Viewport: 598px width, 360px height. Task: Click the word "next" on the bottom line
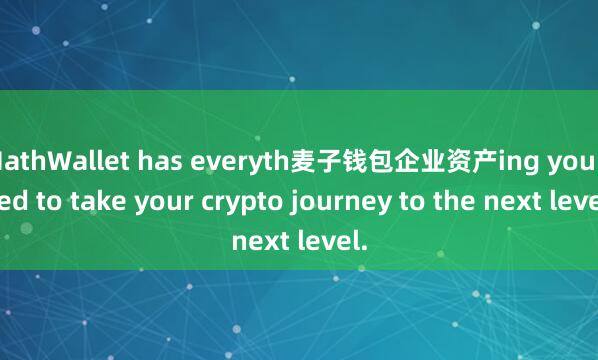(x=263, y=240)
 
